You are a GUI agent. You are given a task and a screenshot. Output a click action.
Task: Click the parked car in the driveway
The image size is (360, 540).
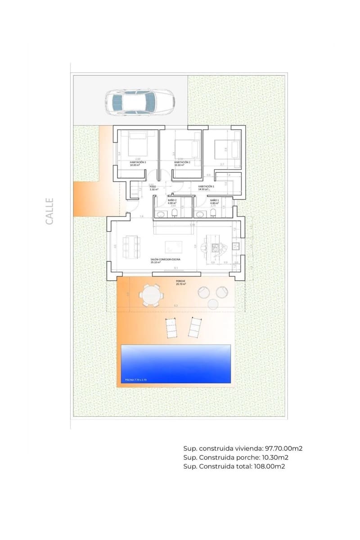[140, 102]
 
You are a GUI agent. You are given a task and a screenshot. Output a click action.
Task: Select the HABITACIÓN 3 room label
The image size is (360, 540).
[138, 162]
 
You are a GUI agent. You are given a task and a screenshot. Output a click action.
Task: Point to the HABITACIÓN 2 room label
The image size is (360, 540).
[182, 162]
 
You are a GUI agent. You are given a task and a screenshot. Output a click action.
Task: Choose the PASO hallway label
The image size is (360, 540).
[153, 186]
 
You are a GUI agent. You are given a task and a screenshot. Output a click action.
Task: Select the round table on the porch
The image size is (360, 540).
[150, 296]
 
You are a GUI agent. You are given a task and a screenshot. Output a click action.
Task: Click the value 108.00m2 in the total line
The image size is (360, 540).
[269, 467]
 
